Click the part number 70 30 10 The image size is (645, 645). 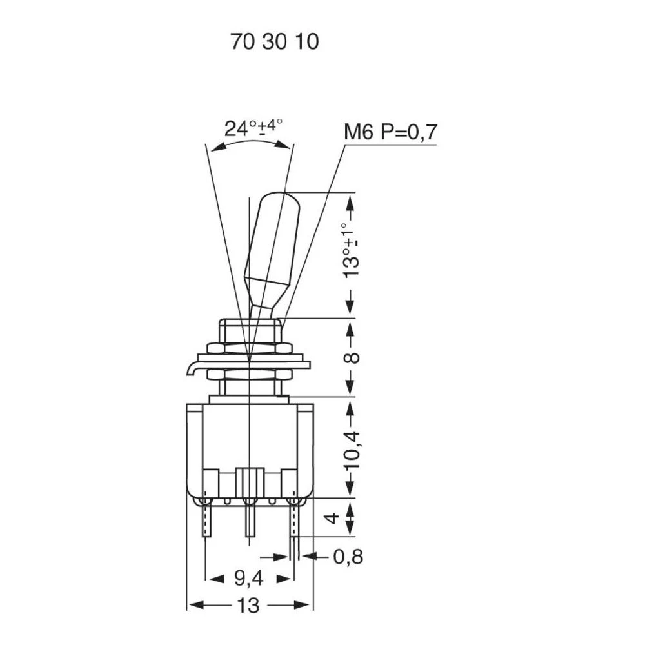pos(274,42)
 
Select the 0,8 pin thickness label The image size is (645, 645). pos(348,556)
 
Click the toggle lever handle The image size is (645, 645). pos(269,245)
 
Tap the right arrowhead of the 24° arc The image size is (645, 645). pos(284,146)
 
